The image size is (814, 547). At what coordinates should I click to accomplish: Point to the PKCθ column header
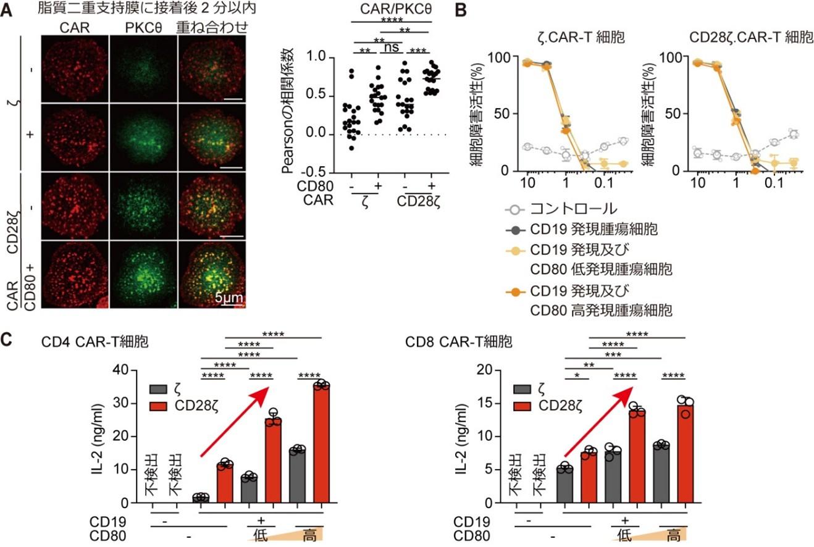point(143,27)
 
